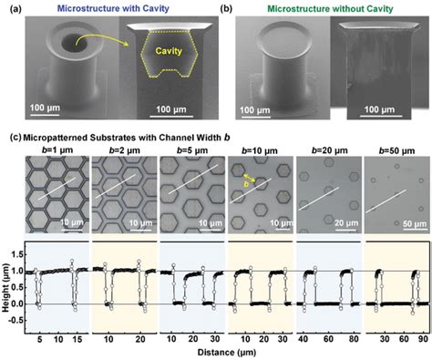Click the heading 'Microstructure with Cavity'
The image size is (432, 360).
pos(119,9)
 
